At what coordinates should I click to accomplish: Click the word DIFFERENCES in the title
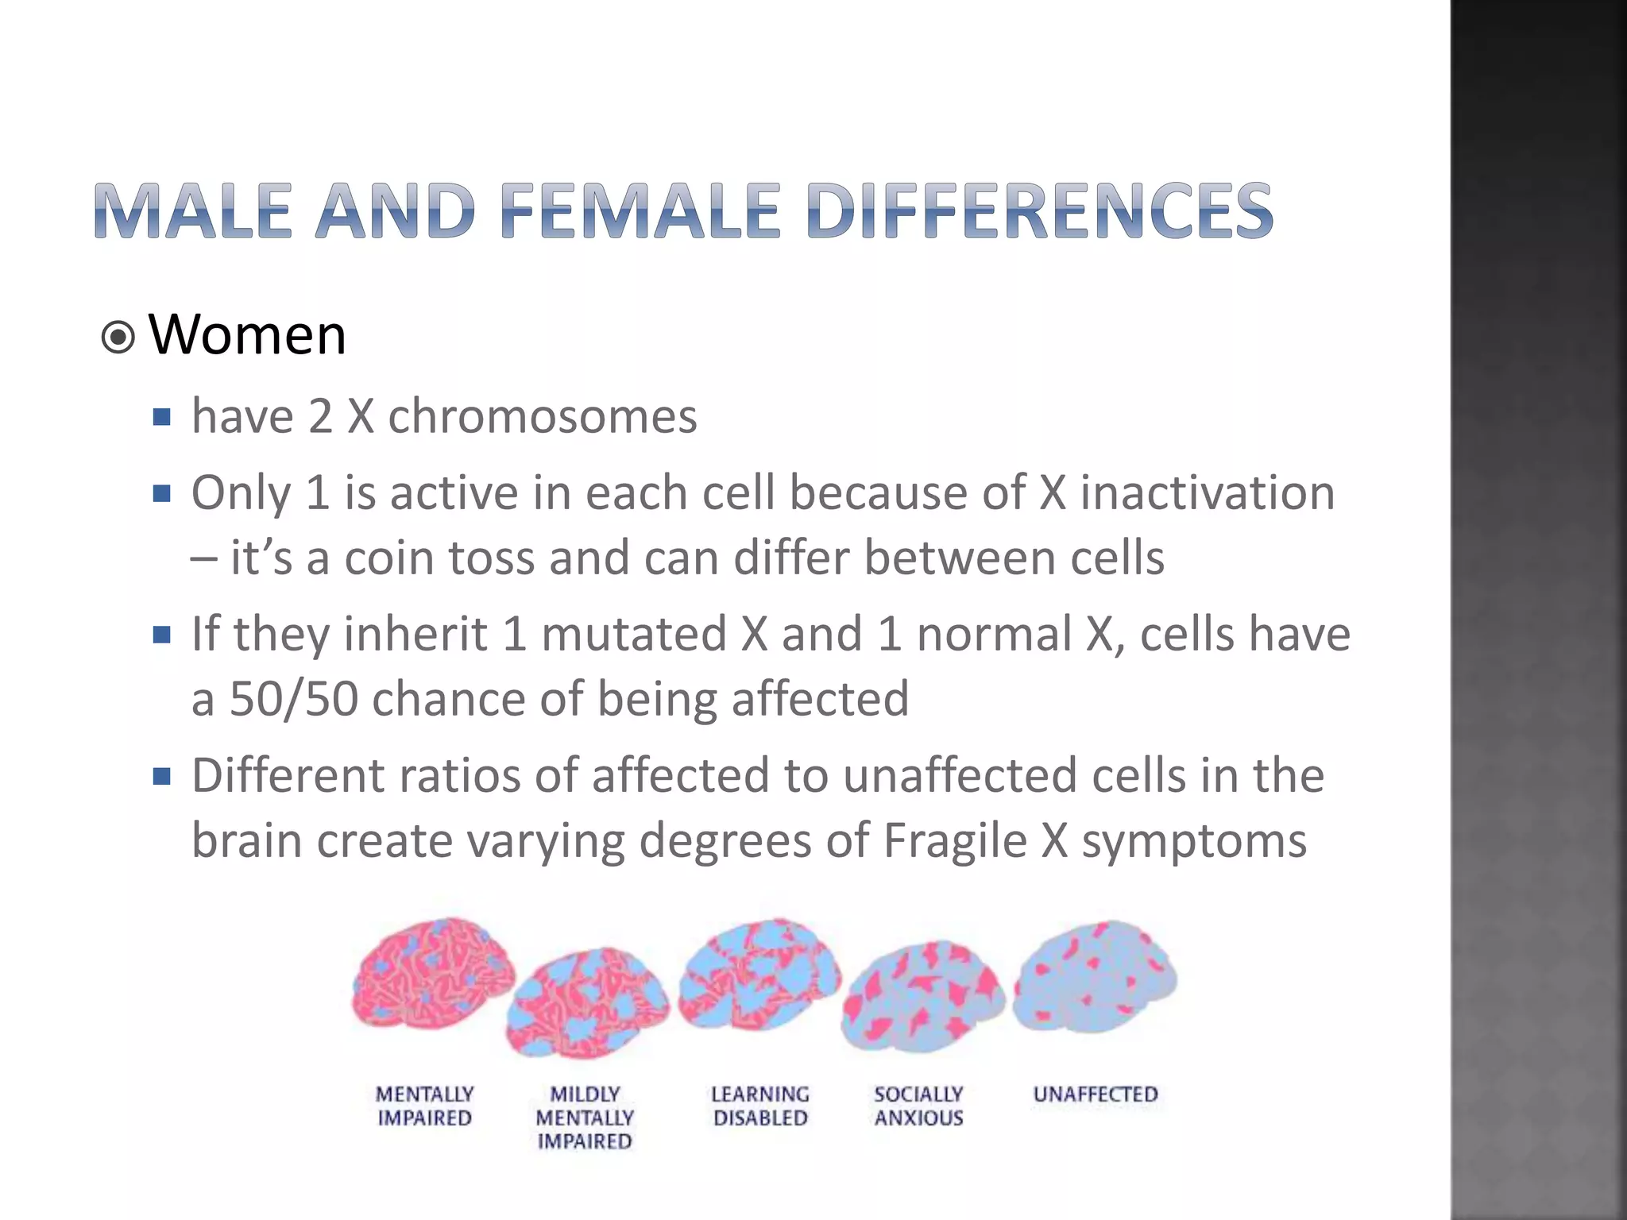coord(1039,210)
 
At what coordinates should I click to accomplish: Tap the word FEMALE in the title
coord(640,210)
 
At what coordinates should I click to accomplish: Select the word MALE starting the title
coord(193,210)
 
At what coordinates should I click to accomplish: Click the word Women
coord(247,335)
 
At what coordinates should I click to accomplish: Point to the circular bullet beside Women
coord(118,338)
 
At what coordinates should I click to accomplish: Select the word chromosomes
coord(543,416)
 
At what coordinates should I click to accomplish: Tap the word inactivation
coord(1207,493)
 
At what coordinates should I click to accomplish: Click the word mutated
coord(634,635)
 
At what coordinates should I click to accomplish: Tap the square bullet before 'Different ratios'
coord(162,776)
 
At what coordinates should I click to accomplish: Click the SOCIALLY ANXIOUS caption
coord(918,1106)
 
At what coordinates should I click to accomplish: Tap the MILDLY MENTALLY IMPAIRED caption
coord(585,1118)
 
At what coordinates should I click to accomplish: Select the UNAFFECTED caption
coord(1095,1095)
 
